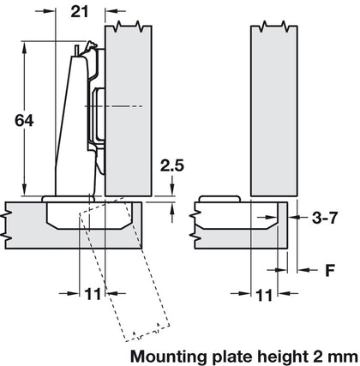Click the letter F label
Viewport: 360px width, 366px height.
(329, 270)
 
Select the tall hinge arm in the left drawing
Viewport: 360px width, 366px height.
(69, 129)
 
